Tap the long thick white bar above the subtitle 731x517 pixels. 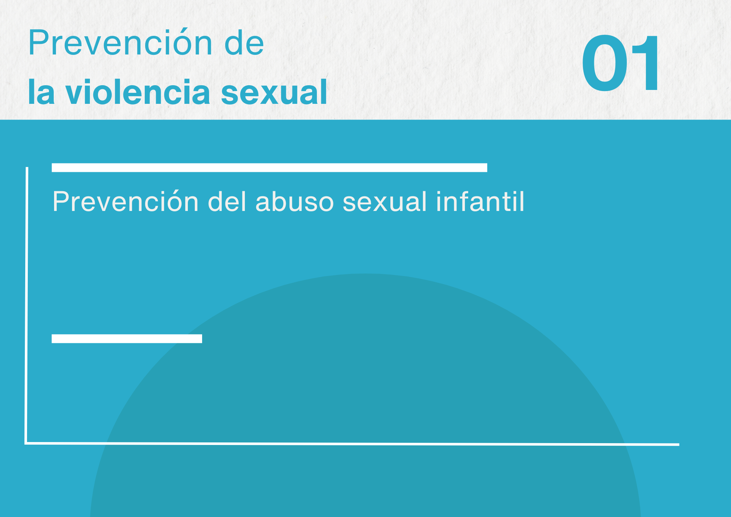tap(269, 167)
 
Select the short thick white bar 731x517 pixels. tap(127, 339)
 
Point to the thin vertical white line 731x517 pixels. tap(27, 305)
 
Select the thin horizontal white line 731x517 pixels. tap(352, 444)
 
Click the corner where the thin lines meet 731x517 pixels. tap(26, 443)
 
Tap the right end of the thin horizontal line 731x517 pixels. tap(679, 445)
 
